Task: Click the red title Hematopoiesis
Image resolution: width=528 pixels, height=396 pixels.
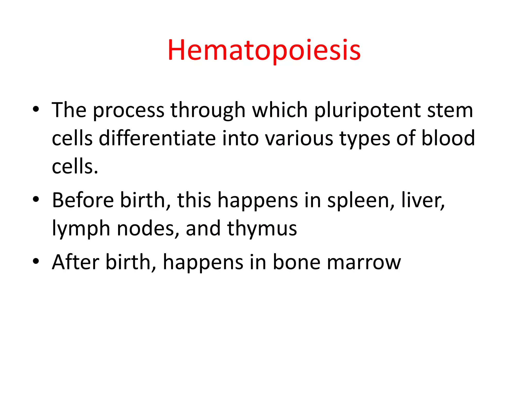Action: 264,50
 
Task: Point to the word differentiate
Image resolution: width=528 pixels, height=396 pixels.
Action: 157,138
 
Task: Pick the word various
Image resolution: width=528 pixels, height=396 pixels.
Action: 299,139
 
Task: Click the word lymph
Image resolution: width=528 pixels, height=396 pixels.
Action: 81,229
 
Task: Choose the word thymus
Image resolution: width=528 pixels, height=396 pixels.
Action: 262,229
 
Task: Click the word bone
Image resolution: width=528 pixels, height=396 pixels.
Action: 296,262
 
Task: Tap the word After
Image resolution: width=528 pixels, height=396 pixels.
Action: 76,262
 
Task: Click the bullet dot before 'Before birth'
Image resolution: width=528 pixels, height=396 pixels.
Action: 36,199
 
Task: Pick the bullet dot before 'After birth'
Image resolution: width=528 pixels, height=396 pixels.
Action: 36,261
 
